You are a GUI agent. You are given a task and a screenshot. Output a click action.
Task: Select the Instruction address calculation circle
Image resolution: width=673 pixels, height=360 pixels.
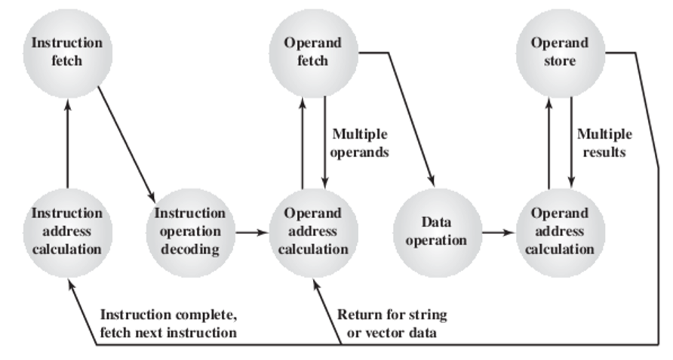tap(66, 231)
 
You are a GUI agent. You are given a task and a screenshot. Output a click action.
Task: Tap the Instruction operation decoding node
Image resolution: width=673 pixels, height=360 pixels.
tap(189, 231)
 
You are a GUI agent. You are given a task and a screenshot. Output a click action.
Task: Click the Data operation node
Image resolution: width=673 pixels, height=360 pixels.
tap(436, 231)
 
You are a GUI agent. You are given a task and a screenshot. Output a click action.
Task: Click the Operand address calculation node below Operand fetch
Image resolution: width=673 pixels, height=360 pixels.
tap(312, 231)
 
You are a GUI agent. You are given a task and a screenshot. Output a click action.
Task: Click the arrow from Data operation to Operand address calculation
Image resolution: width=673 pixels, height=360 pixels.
tap(498, 232)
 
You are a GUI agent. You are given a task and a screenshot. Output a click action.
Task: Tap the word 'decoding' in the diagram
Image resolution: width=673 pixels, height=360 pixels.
tap(189, 248)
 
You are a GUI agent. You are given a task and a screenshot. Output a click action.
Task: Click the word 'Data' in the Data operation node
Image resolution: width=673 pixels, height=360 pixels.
tap(435, 223)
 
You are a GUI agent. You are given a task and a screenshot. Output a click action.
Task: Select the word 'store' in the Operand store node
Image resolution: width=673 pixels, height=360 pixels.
tap(559, 60)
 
